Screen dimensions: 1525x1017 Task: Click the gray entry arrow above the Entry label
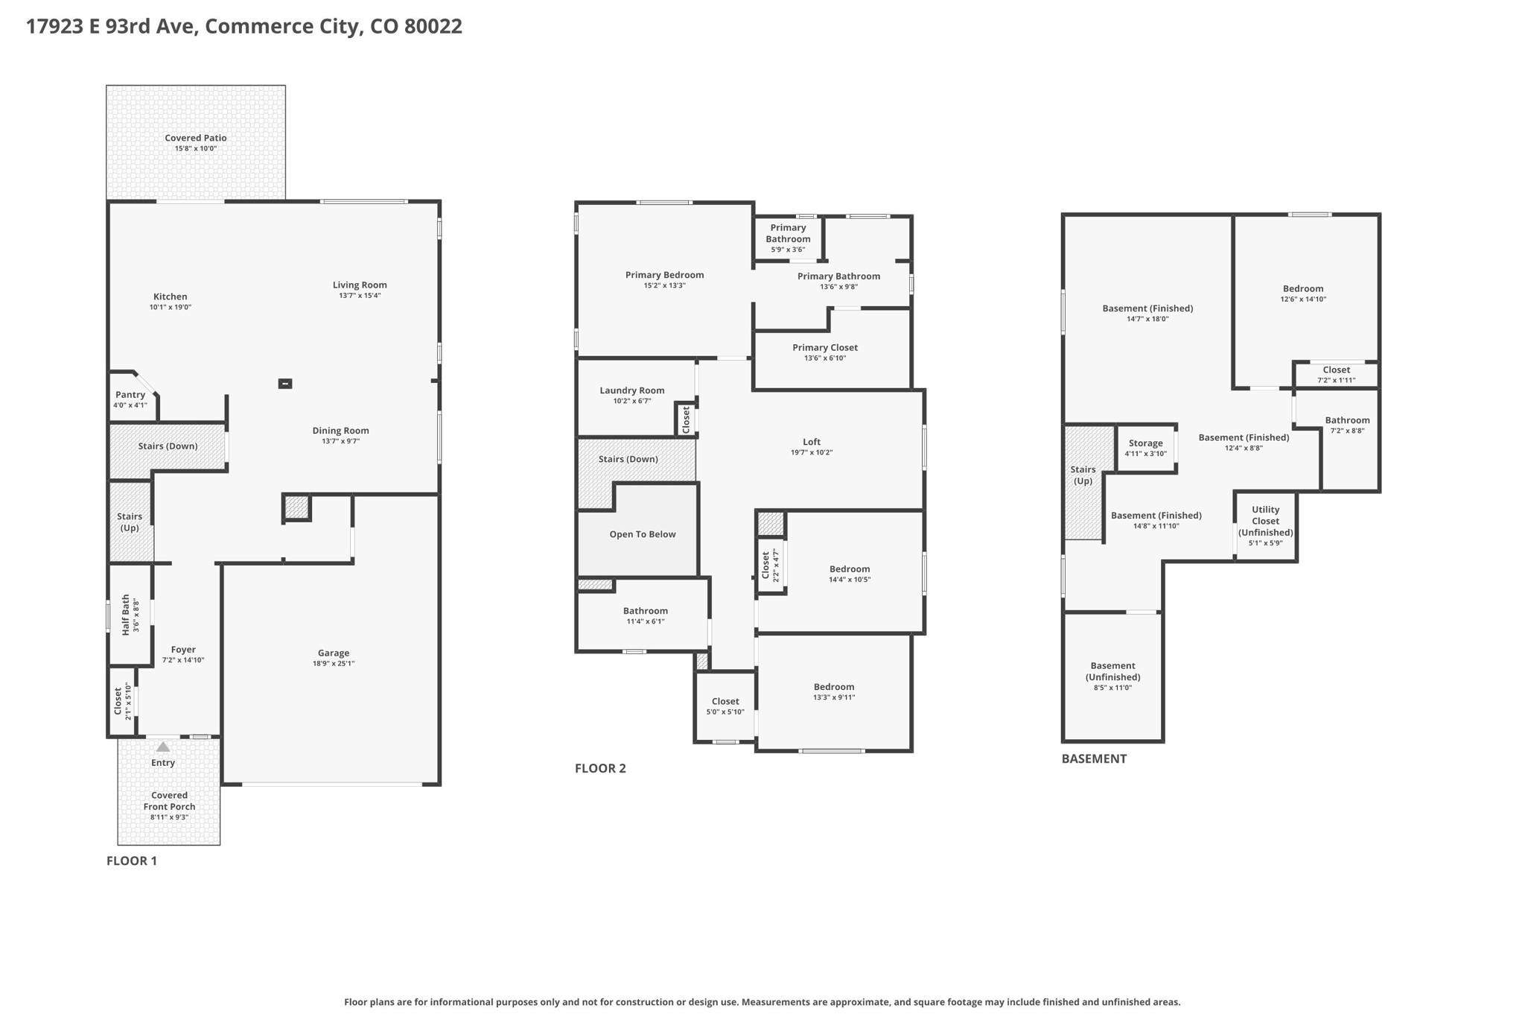tap(163, 747)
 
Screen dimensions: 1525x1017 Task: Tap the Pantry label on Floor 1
tap(130, 395)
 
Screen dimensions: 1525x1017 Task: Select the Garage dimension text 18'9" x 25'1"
tap(334, 663)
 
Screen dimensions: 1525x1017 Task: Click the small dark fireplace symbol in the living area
tap(285, 384)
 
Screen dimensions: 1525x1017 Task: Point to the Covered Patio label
tap(196, 138)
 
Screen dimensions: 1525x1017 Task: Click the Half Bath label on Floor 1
tap(126, 615)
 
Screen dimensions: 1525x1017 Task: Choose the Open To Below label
tap(643, 534)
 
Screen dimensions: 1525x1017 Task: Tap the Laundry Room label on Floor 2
tap(632, 390)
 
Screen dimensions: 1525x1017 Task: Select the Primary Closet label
tap(825, 347)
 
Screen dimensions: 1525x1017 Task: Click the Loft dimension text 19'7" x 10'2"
tap(812, 452)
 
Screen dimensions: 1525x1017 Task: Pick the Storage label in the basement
tap(1145, 443)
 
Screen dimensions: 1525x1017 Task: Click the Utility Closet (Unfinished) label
tap(1266, 521)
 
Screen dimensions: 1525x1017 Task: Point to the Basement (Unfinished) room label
tap(1113, 671)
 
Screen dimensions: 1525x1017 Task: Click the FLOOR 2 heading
tap(600, 768)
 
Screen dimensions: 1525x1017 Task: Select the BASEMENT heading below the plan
tap(1094, 758)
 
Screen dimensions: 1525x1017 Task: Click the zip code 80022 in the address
tap(433, 26)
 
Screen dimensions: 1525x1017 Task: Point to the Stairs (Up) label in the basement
tap(1083, 475)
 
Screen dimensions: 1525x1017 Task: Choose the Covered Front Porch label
tap(170, 801)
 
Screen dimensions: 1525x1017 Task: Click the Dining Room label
tap(340, 431)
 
